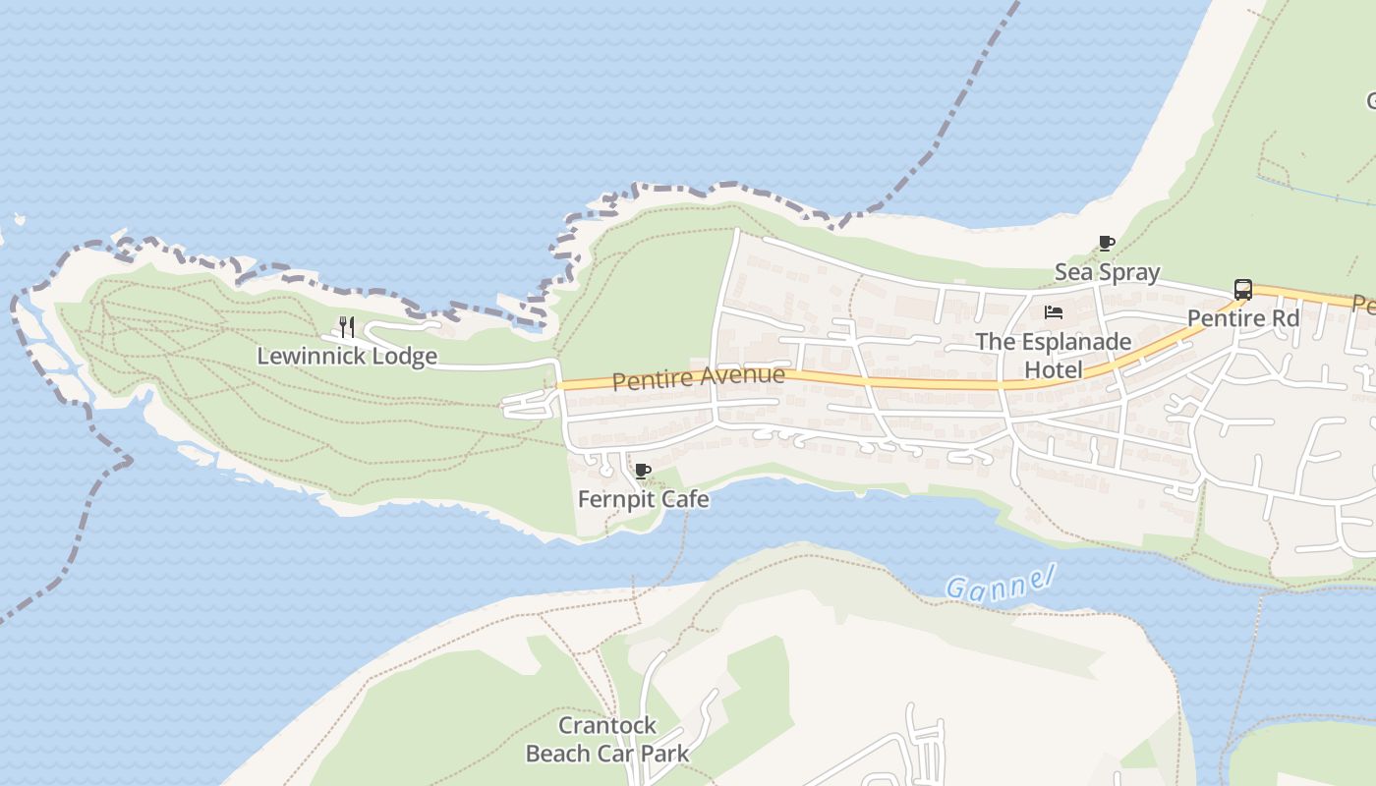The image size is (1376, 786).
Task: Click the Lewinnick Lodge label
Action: pyautogui.click(x=347, y=356)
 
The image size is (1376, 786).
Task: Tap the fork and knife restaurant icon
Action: pyautogui.click(x=346, y=326)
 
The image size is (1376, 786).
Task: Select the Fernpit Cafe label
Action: pyautogui.click(x=643, y=499)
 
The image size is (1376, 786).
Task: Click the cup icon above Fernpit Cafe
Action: pyautogui.click(x=643, y=472)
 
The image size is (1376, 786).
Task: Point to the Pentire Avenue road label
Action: pyautogui.click(x=699, y=377)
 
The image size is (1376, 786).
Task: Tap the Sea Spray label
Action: pyautogui.click(x=1107, y=271)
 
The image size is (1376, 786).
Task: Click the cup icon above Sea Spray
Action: pyautogui.click(x=1107, y=243)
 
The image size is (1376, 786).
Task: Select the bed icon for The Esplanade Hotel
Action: pyautogui.click(x=1054, y=312)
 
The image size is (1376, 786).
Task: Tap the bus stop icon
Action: pyautogui.click(x=1243, y=290)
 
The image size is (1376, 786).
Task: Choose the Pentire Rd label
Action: pyautogui.click(x=1243, y=318)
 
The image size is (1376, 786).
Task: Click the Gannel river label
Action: pyautogui.click(x=1001, y=583)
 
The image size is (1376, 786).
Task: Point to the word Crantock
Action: pyautogui.click(x=607, y=726)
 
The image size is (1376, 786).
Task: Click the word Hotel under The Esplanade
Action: pyautogui.click(x=1054, y=369)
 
